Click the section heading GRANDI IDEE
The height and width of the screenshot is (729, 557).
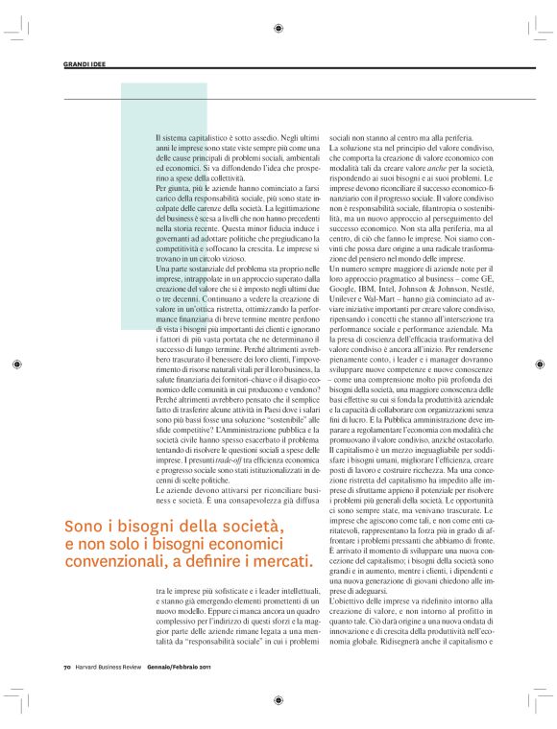pyautogui.click(x=85, y=64)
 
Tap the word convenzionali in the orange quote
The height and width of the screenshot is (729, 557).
pyautogui.click(x=113, y=560)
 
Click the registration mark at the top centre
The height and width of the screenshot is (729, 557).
pyautogui.click(x=278, y=29)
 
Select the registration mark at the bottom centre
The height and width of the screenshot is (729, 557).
pyautogui.click(x=278, y=700)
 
